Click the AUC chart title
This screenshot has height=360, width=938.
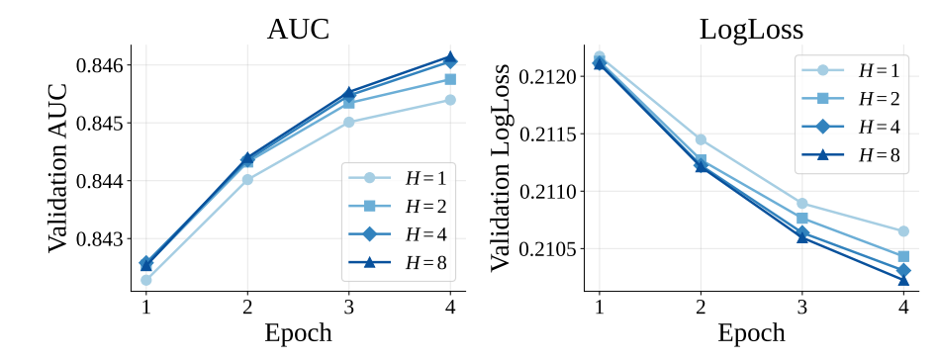[298, 30]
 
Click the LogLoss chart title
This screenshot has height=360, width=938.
[751, 30]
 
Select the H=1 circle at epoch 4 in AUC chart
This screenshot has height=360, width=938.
[450, 100]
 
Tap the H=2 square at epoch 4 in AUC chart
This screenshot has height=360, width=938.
[450, 79]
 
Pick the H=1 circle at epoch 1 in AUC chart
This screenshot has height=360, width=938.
[146, 280]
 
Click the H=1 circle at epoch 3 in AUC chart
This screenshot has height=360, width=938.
[348, 123]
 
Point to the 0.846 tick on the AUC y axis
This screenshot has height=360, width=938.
[99, 64]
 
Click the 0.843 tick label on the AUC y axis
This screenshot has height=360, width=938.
[99, 239]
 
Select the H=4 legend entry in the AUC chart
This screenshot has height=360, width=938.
[399, 234]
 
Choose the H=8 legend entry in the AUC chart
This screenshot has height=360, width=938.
[399, 262]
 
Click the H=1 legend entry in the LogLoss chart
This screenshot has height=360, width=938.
[851, 70]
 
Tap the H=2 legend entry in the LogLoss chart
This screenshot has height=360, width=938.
[851, 99]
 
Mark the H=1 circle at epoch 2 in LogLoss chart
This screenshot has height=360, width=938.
[701, 139]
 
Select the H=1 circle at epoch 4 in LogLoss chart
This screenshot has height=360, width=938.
[903, 231]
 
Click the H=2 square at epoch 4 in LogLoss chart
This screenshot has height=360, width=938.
[903, 256]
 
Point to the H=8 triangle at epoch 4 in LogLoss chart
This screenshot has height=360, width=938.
[903, 280]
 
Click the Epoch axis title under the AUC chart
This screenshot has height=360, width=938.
[298, 333]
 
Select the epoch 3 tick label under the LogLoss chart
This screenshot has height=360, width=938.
[801, 308]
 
